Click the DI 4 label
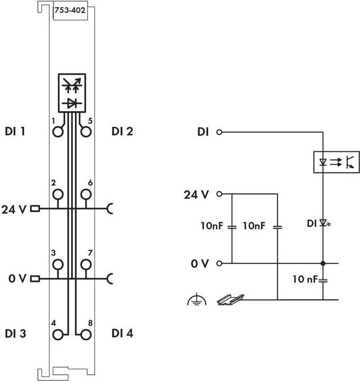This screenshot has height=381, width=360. click(x=122, y=333)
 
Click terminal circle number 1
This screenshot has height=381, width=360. click(x=58, y=131)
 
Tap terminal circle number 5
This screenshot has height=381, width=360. click(x=86, y=131)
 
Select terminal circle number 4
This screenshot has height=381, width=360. click(x=58, y=334)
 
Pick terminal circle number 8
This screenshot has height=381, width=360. click(x=86, y=334)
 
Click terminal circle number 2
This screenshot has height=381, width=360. click(x=58, y=194)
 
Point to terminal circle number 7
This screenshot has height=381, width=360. click(x=86, y=264)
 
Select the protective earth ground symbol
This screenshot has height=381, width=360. click(x=195, y=301)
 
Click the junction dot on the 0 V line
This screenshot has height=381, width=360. click(x=322, y=263)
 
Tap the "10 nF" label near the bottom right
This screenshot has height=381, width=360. click(x=306, y=279)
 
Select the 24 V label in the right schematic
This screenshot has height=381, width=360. click(x=196, y=194)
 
